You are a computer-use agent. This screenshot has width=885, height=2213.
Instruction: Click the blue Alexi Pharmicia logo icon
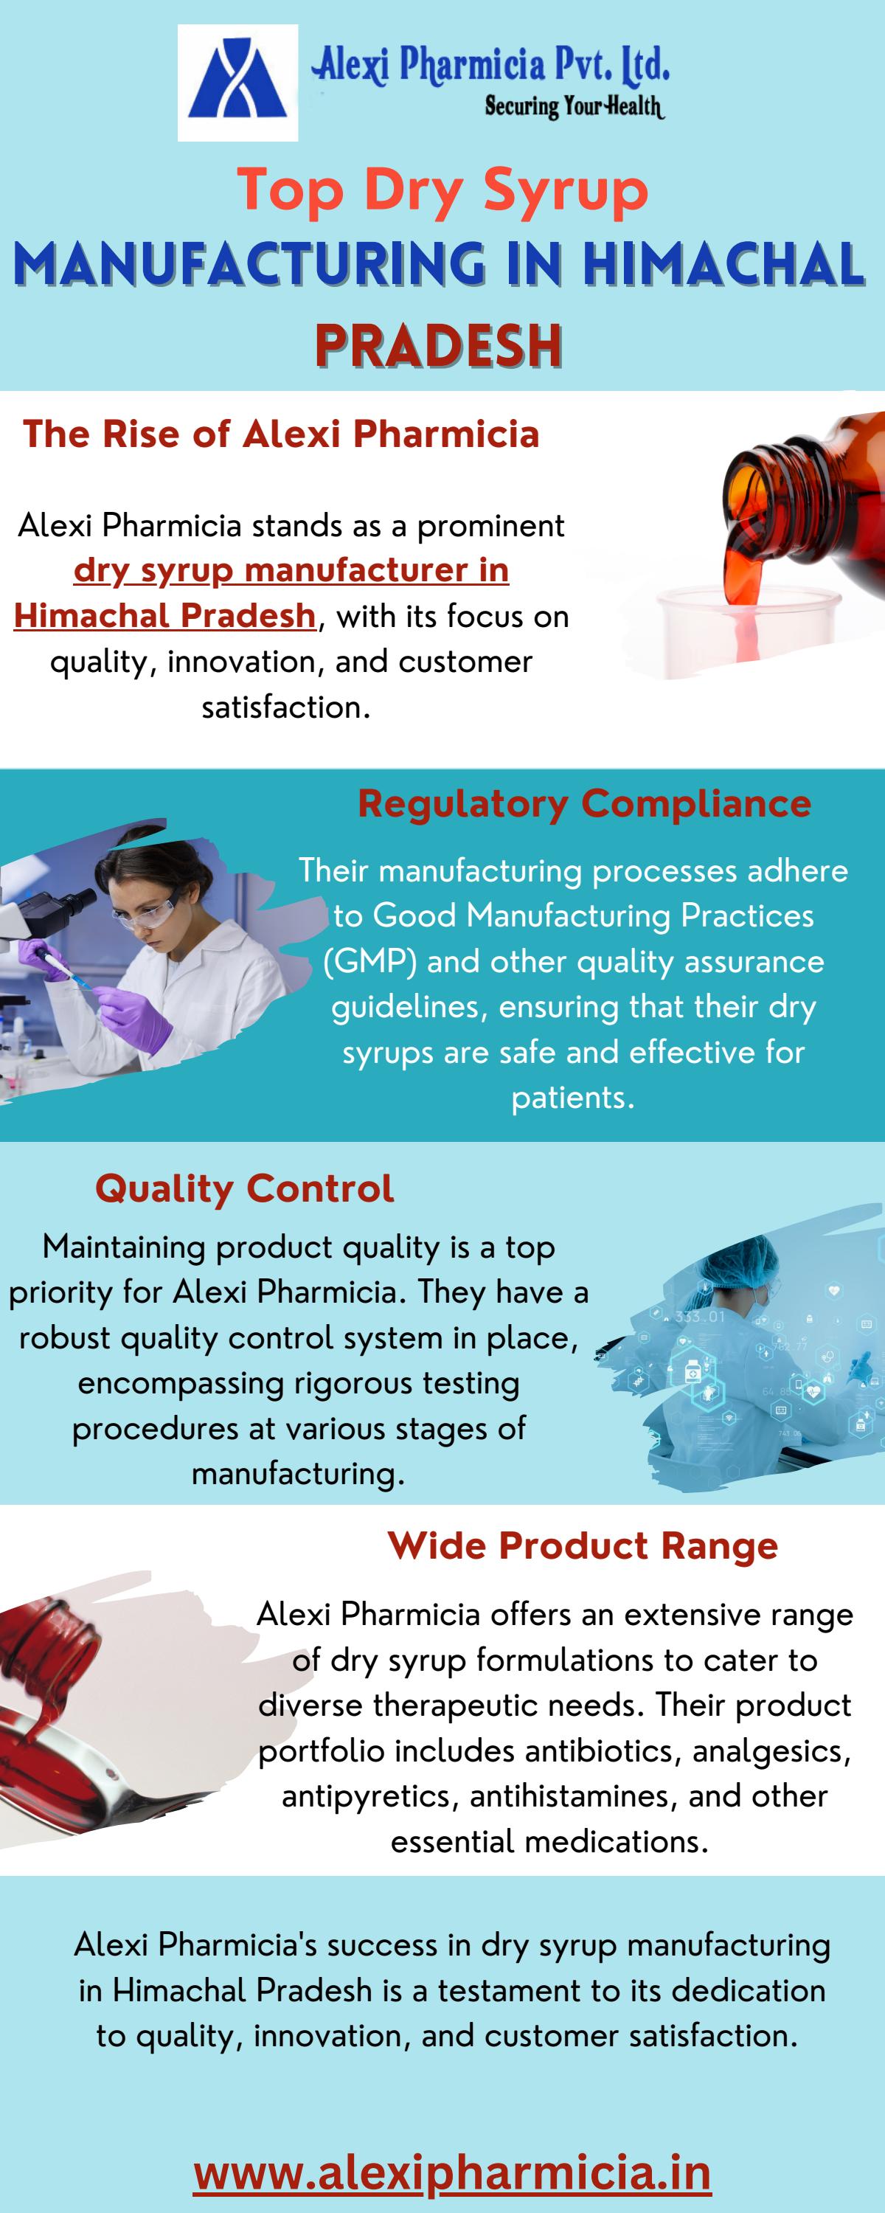(237, 83)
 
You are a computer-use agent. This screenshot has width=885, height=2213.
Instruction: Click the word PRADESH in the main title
(438, 346)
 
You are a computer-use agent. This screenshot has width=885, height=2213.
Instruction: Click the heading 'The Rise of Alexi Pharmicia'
(281, 434)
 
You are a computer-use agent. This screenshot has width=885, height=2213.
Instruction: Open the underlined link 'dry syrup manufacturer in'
(291, 569)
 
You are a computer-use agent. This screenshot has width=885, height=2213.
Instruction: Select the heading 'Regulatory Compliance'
(584, 803)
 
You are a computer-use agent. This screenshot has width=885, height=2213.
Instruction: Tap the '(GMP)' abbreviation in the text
(369, 961)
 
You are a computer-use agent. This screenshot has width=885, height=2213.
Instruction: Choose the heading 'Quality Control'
(245, 1188)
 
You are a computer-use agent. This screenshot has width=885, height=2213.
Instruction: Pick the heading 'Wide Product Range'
(583, 1545)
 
